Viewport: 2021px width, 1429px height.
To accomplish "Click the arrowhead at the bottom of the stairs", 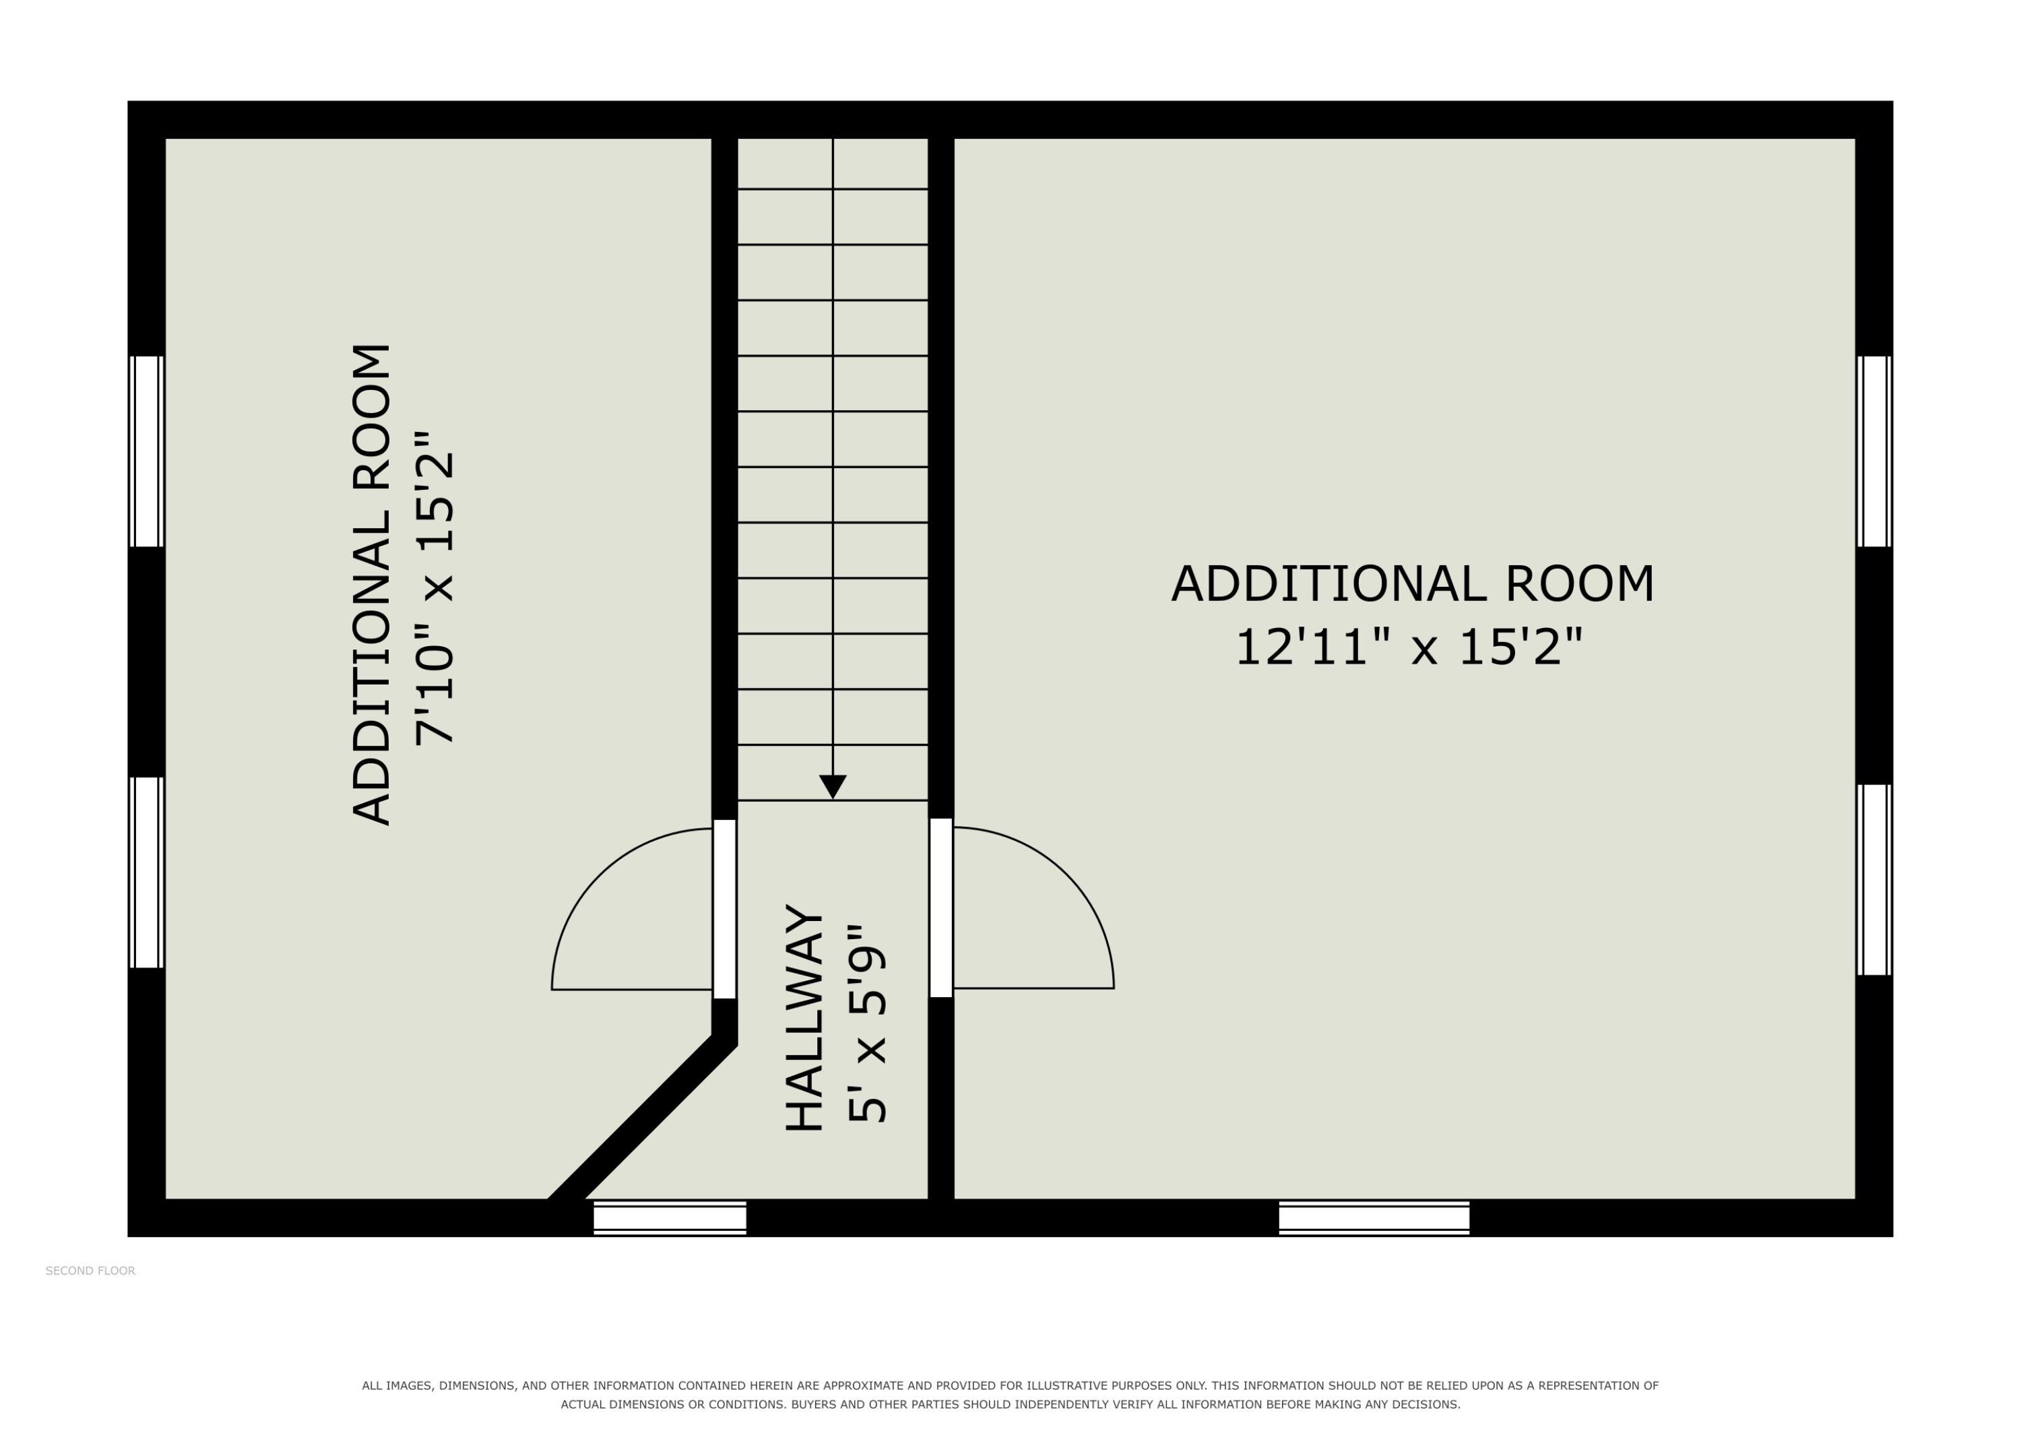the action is (x=833, y=786).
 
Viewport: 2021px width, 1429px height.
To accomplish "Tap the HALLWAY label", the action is (x=804, y=1017).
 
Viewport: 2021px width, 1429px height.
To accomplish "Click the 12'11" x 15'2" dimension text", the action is (x=1409, y=647).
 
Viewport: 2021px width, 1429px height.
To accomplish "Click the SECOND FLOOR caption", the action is (x=91, y=1271).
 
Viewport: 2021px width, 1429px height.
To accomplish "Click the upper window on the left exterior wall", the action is (x=147, y=451).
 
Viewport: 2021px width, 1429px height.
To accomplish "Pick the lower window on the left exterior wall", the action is (x=147, y=872).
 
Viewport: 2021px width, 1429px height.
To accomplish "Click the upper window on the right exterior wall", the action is (x=1874, y=451).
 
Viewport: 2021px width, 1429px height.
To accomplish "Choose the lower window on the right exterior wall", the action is (x=1874, y=880).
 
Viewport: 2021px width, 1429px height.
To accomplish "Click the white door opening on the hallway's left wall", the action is (x=724, y=909).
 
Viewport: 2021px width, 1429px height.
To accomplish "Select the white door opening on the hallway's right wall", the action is (x=941, y=907).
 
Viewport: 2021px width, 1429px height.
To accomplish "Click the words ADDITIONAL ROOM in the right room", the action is (x=1413, y=583).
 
